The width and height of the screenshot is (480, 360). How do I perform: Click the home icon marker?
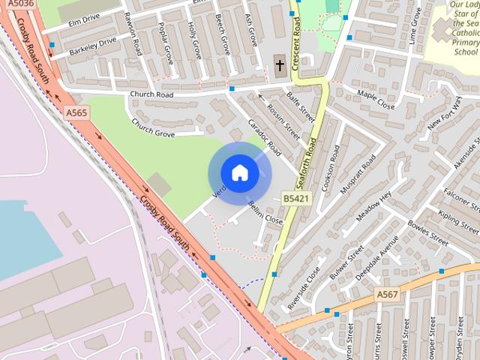pyautogui.click(x=239, y=173)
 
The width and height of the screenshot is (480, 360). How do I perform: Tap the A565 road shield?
pyautogui.click(x=76, y=112)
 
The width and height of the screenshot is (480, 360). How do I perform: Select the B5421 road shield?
pyautogui.click(x=296, y=198)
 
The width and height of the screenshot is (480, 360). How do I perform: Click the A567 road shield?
pyautogui.click(x=388, y=294)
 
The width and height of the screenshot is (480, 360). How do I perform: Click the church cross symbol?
pyautogui.click(x=280, y=64)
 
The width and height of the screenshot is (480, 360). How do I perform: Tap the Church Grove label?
pyautogui.click(x=153, y=127)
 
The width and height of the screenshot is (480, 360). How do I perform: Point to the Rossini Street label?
pyautogui.click(x=283, y=124)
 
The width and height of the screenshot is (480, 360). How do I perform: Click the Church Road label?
pyautogui.click(x=151, y=94)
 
